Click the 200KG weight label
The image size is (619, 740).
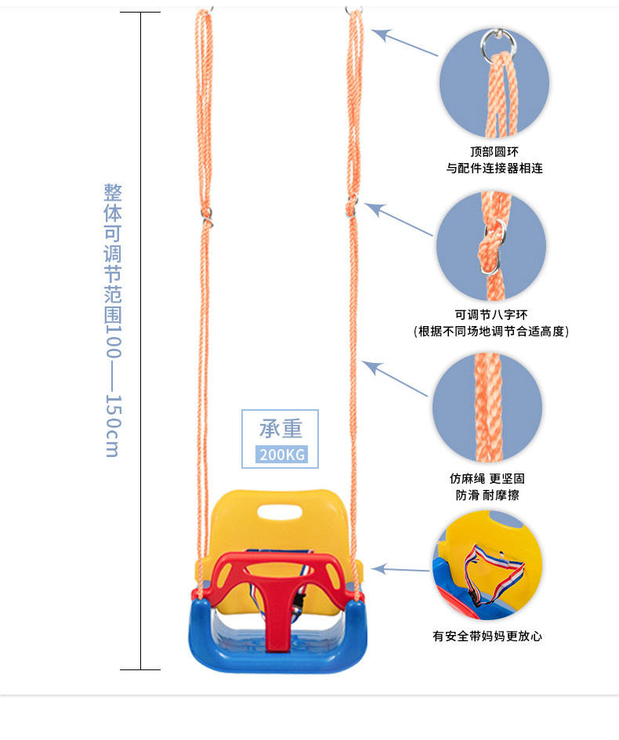(x=280, y=455)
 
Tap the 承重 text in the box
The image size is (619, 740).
(x=280, y=429)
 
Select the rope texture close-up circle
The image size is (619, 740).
(x=487, y=407)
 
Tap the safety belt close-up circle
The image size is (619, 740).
(x=487, y=565)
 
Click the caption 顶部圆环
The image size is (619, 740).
(x=494, y=151)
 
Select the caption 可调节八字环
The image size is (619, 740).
(x=490, y=314)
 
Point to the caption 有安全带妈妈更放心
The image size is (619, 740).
(x=487, y=636)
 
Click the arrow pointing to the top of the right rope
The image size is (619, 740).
(x=404, y=43)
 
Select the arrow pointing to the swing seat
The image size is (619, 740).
(x=400, y=569)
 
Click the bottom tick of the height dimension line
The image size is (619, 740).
(x=140, y=669)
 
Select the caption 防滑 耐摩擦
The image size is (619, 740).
(x=487, y=495)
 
